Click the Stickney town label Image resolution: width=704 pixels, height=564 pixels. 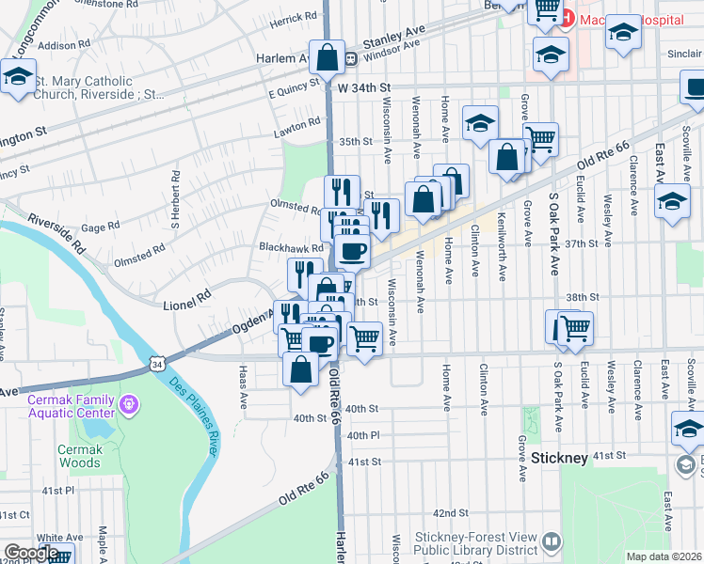coord(559,458)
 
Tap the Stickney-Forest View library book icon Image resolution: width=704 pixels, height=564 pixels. coord(551,541)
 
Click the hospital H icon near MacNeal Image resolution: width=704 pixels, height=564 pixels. coord(568,16)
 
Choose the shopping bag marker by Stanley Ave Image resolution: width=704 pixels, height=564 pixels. coord(326,57)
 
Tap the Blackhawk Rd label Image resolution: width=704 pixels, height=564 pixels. coord(291,248)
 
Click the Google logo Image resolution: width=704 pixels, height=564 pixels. coord(31,553)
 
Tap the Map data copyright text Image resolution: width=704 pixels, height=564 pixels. coord(664,556)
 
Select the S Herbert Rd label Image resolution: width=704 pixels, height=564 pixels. coord(174,200)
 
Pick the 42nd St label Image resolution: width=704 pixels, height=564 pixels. coord(451,513)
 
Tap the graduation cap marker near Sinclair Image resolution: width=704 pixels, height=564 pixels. coord(622,33)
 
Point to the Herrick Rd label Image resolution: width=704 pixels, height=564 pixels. coord(293,18)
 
